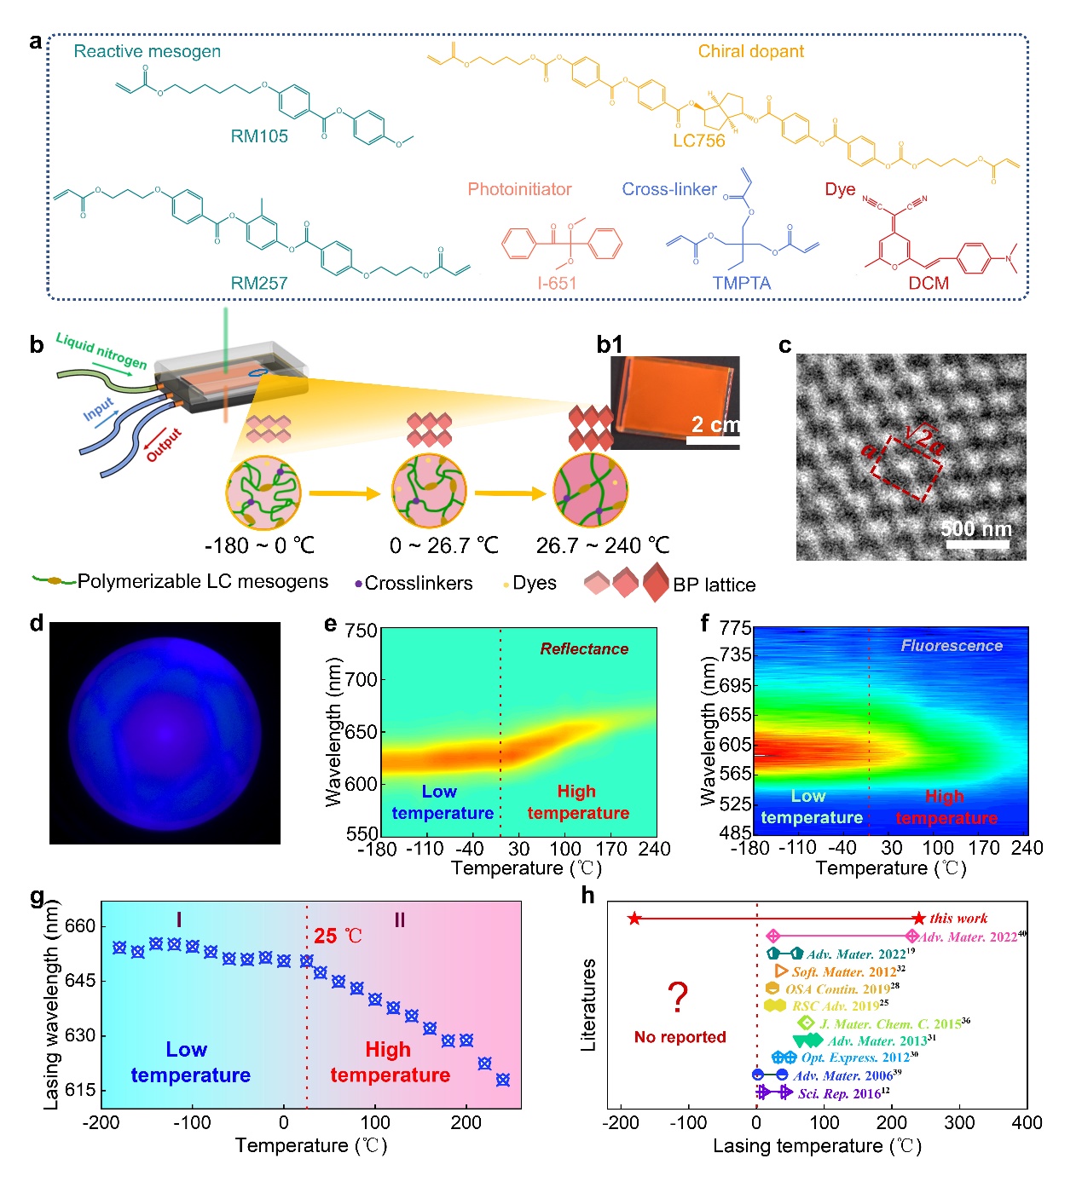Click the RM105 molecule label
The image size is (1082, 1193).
click(x=259, y=136)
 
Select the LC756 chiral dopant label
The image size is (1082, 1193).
click(x=698, y=141)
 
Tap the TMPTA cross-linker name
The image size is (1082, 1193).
click(x=741, y=283)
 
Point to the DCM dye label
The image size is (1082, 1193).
click(x=929, y=283)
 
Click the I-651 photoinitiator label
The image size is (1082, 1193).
click(x=557, y=283)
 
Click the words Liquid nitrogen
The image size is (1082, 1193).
click(x=101, y=351)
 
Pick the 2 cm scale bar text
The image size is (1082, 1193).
click(x=715, y=424)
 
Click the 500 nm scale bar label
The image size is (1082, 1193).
click(x=975, y=528)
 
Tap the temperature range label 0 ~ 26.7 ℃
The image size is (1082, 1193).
click(x=443, y=545)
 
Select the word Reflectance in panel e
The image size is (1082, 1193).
click(x=584, y=648)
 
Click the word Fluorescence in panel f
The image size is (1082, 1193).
click(x=952, y=646)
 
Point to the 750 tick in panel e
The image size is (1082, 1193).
click(x=362, y=631)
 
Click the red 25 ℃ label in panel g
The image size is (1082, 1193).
click(x=338, y=936)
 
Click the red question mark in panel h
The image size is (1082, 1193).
click(x=678, y=997)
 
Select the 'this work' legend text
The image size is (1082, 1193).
click(x=958, y=918)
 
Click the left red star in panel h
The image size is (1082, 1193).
click(x=634, y=918)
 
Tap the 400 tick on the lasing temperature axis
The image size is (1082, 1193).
click(x=1027, y=1122)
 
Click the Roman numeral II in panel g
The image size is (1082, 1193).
click(x=399, y=920)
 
